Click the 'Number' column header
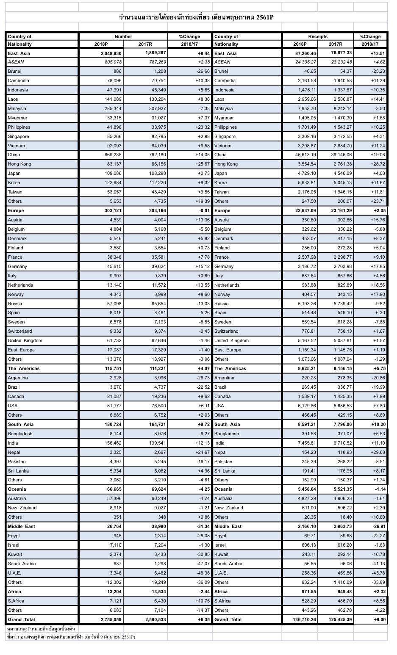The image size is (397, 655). point(123,36)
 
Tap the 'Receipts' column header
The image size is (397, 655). point(318,36)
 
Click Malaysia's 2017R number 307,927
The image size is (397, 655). point(155,108)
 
